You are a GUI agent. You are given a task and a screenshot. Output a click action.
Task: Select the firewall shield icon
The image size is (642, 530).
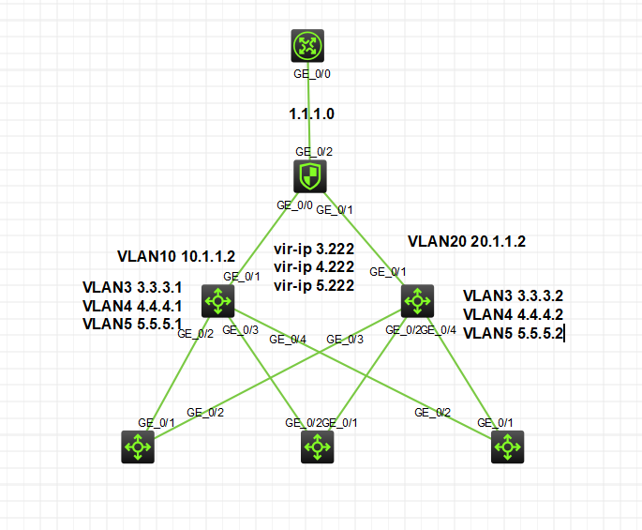pyautogui.click(x=309, y=175)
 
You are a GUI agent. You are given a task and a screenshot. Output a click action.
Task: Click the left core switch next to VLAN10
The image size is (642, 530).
pyautogui.click(x=218, y=301)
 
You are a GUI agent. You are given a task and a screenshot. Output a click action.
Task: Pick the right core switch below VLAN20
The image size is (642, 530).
pyautogui.click(x=416, y=301)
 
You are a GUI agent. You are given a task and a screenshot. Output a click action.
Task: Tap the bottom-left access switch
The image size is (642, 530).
pyautogui.click(x=138, y=447)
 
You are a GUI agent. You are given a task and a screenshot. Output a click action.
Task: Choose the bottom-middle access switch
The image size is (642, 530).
pyautogui.click(x=317, y=447)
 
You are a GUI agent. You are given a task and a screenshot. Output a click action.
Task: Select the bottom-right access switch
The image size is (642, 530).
pyautogui.click(x=507, y=447)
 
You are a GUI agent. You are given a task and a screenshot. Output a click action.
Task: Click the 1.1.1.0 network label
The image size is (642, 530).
pyautogui.click(x=311, y=114)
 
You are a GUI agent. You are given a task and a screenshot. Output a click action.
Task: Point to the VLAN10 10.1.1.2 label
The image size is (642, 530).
pyautogui.click(x=176, y=255)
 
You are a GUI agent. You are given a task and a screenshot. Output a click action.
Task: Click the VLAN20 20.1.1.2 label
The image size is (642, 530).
pyautogui.click(x=467, y=241)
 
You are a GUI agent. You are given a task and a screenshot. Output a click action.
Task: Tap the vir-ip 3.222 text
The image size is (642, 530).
pyautogui.click(x=313, y=250)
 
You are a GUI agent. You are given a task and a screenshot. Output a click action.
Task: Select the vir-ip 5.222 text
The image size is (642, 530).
pyautogui.click(x=313, y=285)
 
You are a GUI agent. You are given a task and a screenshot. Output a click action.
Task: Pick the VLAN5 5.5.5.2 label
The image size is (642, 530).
pyautogui.click(x=513, y=333)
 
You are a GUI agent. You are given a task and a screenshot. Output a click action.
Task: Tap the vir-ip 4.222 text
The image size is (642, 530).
pyautogui.click(x=313, y=268)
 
